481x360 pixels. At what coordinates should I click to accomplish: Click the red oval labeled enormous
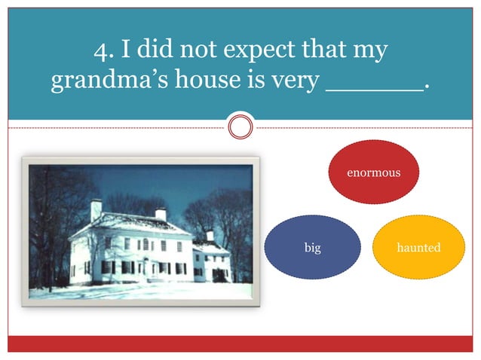pyautogui.click(x=373, y=172)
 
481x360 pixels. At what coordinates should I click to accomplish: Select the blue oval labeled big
pyautogui.click(x=311, y=247)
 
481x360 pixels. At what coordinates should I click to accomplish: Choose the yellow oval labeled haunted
pyautogui.click(x=418, y=247)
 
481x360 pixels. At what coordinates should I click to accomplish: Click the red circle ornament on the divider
pyautogui.click(x=240, y=127)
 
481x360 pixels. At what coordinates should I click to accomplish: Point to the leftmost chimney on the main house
pyautogui.click(x=96, y=210)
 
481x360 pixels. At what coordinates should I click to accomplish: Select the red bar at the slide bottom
pyautogui.click(x=240, y=343)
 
